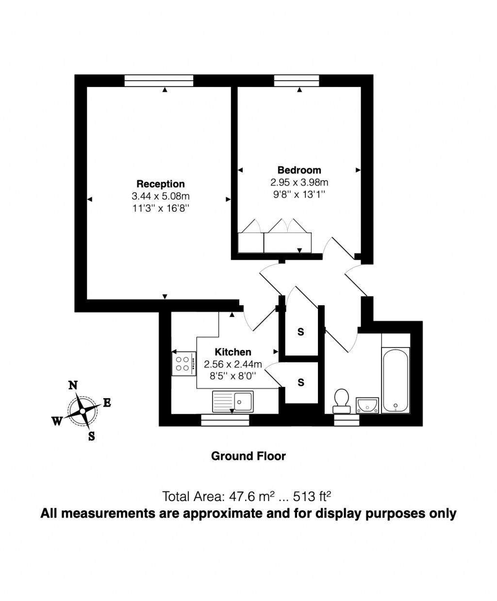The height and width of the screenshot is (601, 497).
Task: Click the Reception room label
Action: click(161, 184)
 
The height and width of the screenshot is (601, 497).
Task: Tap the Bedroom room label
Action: click(299, 170)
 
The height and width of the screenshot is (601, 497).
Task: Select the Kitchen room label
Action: click(233, 352)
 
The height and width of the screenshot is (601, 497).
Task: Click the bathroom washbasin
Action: click(367, 404)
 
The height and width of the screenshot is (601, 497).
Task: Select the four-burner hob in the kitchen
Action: click(183, 364)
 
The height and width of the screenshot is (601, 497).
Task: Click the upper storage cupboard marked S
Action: click(301, 332)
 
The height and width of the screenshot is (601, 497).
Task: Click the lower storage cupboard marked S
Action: click(301, 383)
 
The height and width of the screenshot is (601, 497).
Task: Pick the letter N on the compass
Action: click(73, 385)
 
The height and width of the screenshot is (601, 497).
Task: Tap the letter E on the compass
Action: click(107, 402)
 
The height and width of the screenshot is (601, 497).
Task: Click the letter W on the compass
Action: click(57, 421)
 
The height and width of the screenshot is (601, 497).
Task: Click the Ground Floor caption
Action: click(248, 456)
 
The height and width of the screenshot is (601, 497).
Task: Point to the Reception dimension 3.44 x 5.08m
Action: click(161, 196)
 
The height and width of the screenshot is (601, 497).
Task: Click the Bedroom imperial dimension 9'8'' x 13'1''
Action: click(299, 194)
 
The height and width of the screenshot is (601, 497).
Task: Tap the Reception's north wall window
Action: click(159, 81)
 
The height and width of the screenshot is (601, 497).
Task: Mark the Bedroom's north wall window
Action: click(297, 81)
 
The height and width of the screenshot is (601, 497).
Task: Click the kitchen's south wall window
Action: click(225, 420)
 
